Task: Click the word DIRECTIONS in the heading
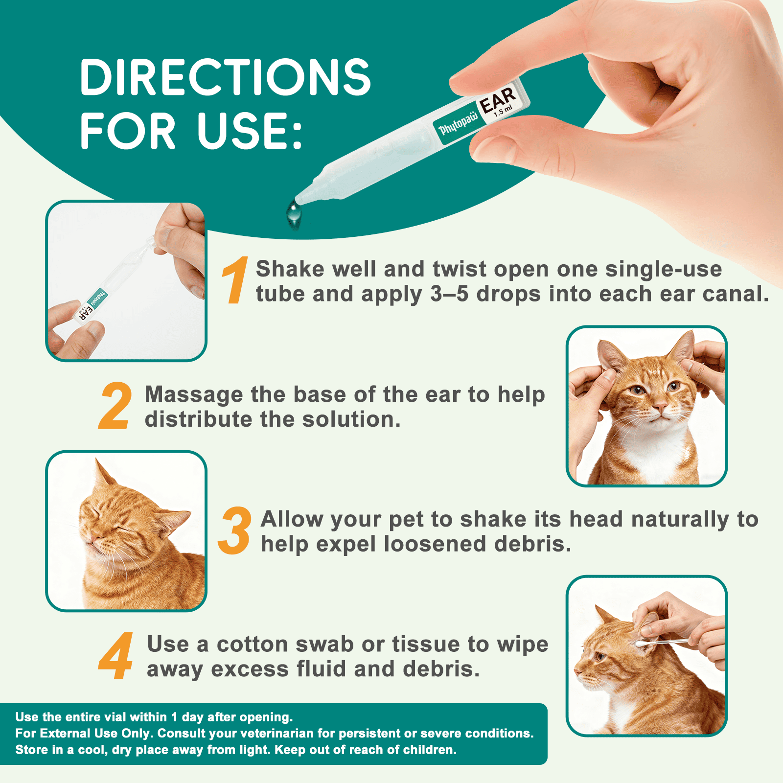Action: (x=226, y=77)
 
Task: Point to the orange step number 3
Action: (x=235, y=530)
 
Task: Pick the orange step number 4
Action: (x=115, y=655)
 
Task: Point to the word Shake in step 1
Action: (x=290, y=269)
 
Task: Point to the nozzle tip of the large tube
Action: (x=299, y=199)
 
